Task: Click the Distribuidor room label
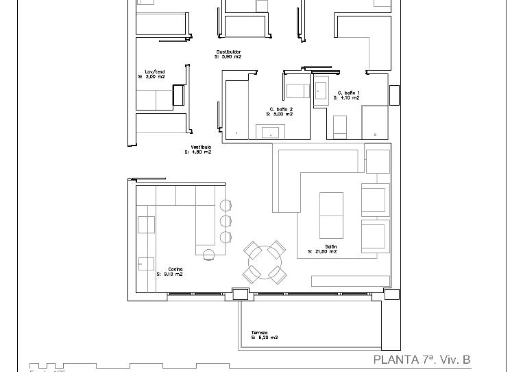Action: [228, 52]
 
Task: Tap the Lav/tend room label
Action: [155, 72]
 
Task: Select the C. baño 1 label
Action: [348, 93]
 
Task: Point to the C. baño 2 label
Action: [281, 109]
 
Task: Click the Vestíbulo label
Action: [201, 148]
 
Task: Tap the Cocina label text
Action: [175, 269]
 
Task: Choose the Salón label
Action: [330, 246]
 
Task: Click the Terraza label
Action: [259, 333]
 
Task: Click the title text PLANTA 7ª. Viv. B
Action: [422, 360]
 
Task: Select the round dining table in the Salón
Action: [265, 262]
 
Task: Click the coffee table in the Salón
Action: [331, 214]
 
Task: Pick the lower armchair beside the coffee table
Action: [374, 236]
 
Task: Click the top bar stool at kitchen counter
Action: [226, 205]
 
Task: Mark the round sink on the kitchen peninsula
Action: [209, 256]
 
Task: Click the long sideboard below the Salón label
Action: [350, 281]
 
